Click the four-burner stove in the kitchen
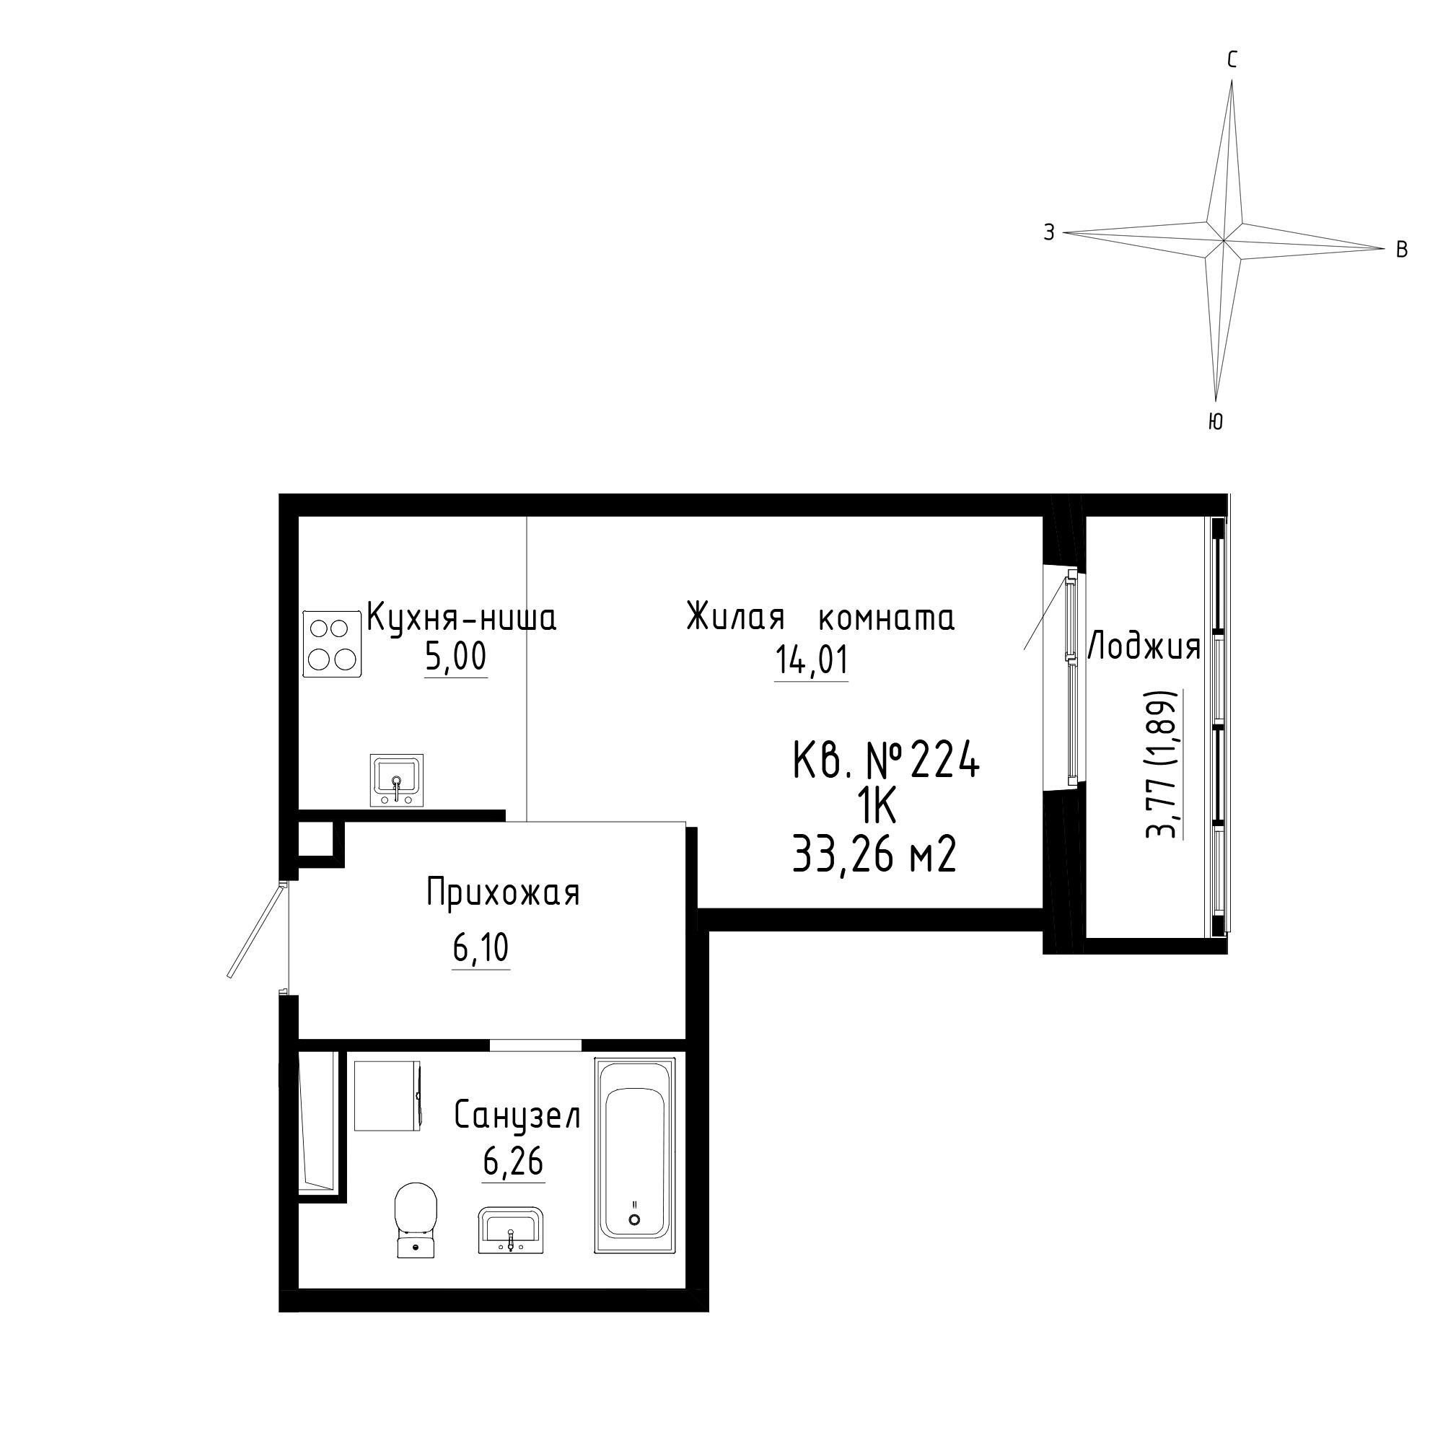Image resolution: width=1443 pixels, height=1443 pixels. (x=333, y=644)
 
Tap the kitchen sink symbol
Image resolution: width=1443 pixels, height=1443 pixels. (x=397, y=781)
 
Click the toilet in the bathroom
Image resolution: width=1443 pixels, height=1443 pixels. (x=416, y=1219)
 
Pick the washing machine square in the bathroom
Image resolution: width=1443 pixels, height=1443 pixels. (x=387, y=1096)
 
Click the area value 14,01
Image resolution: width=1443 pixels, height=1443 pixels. (x=812, y=661)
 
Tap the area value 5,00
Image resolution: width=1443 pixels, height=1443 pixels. (x=455, y=657)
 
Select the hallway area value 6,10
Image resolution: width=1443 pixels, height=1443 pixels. (x=481, y=949)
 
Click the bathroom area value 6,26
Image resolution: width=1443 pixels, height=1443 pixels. (x=513, y=1162)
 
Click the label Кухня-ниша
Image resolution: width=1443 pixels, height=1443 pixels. (x=462, y=618)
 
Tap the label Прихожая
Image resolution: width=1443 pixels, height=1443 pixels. (x=504, y=893)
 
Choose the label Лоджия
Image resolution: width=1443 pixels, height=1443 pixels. (x=1144, y=646)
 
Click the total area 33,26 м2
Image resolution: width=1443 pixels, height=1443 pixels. (x=874, y=854)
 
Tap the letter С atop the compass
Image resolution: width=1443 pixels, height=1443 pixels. (x=1232, y=60)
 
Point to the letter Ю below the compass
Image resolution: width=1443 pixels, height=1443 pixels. (x=1215, y=422)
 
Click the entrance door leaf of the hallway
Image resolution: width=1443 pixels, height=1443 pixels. (x=255, y=930)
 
